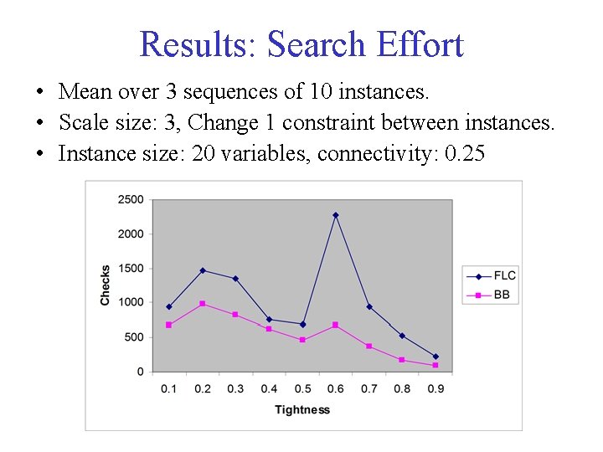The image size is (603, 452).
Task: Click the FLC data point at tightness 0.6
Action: tap(335, 215)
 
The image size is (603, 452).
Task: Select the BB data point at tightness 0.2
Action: tap(202, 303)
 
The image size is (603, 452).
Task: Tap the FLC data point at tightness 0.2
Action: tap(202, 270)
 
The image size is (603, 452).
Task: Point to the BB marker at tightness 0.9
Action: tap(435, 365)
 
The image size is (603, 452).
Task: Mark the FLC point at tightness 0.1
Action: tap(169, 306)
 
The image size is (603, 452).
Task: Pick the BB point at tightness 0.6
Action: tap(335, 325)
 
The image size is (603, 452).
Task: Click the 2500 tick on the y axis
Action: tap(131, 199)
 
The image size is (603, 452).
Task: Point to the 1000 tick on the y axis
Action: tap(131, 302)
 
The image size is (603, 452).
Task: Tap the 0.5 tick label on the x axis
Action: tap(302, 388)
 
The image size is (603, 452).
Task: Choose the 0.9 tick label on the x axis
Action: tap(435, 388)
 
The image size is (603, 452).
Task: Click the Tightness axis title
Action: tap(302, 409)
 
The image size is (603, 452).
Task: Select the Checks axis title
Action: tap(106, 285)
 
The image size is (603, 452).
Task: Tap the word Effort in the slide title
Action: tap(420, 44)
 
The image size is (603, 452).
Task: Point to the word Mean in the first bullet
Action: tap(85, 90)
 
